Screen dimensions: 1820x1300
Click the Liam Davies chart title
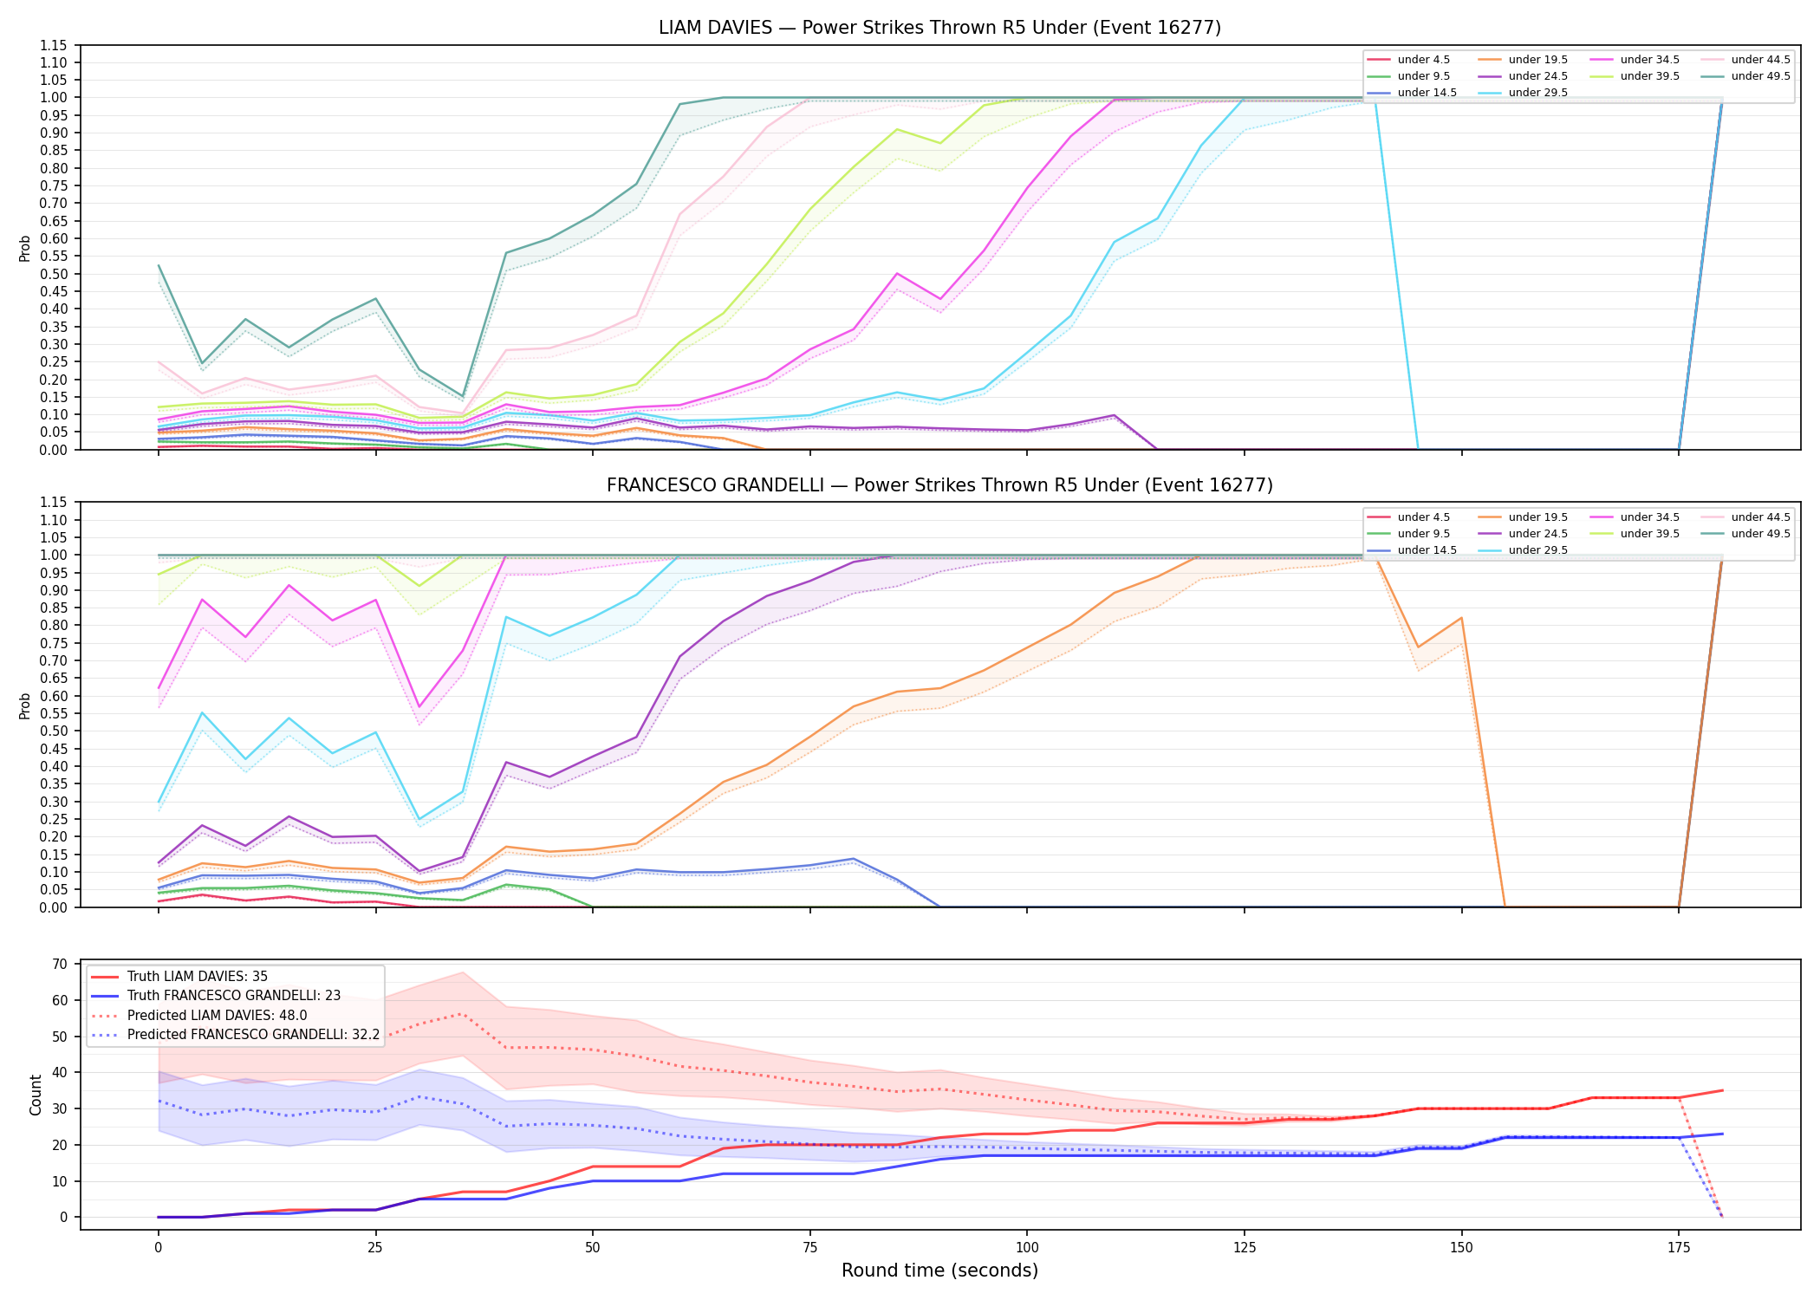(x=939, y=28)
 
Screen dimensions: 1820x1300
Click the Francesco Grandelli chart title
(x=939, y=485)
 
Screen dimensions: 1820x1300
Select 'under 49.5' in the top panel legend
(x=1760, y=76)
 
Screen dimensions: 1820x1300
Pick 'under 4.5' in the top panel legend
(x=1423, y=60)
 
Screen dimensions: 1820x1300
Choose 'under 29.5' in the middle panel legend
(x=1537, y=550)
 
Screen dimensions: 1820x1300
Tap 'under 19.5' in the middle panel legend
(x=1537, y=517)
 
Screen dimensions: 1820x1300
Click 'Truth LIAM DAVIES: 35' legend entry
(x=198, y=977)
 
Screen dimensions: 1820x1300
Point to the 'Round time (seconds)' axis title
(x=939, y=1271)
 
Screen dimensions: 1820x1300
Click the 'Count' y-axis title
(x=36, y=1095)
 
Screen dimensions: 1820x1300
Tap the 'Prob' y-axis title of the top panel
(x=25, y=248)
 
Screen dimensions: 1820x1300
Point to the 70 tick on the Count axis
(x=60, y=964)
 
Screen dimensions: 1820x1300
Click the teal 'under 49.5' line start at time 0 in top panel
(x=159, y=265)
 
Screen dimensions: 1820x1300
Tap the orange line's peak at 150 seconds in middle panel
(x=1462, y=618)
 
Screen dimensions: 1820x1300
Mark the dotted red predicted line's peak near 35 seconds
(x=463, y=1014)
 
